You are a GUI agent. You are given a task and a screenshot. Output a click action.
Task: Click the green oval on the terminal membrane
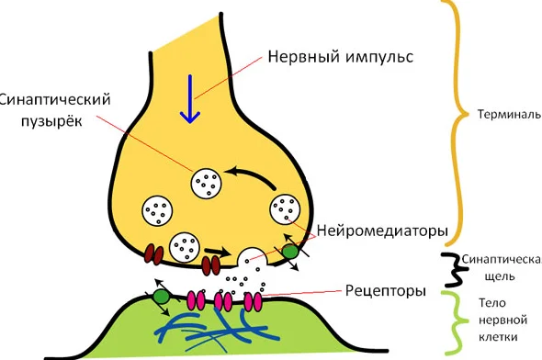[x=290, y=250]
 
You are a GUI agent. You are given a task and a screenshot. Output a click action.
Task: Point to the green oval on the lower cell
[x=161, y=297]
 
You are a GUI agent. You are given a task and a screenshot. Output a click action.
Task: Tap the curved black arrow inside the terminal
[x=249, y=173]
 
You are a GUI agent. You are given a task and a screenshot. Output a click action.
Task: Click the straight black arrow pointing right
[x=217, y=250]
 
